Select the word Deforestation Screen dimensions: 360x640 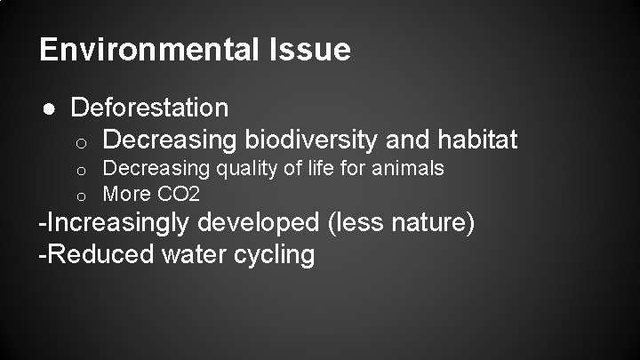[x=149, y=108]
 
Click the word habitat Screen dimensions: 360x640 [x=477, y=140]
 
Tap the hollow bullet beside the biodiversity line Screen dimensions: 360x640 [x=79, y=140]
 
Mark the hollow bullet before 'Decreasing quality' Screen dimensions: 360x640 [x=79, y=169]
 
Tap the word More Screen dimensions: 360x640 [x=124, y=193]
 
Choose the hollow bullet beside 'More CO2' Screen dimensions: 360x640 [x=79, y=194]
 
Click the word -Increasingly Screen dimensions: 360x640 [x=115, y=223]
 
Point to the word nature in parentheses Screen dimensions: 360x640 [x=425, y=223]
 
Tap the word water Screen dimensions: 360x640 [x=191, y=254]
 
